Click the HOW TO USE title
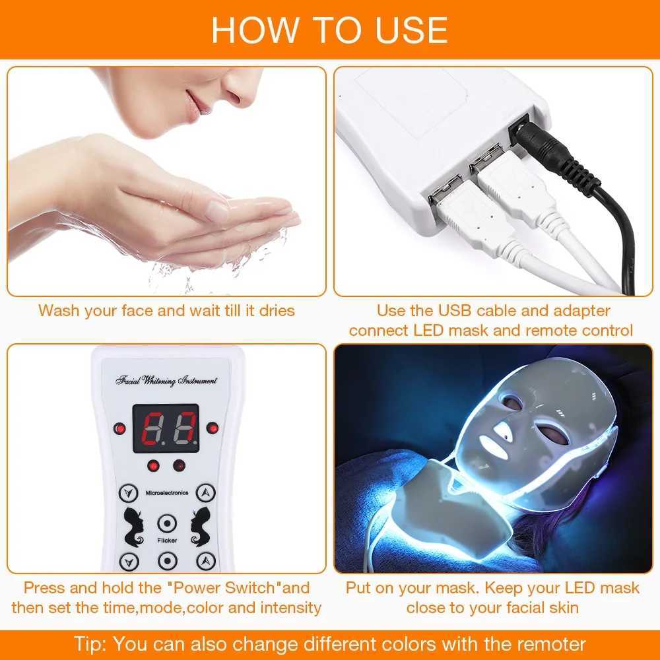click(329, 29)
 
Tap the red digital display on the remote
click(166, 428)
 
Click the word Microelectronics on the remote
click(166, 492)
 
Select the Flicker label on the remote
click(166, 541)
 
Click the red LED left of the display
click(119, 428)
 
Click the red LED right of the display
click(212, 428)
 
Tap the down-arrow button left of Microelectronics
click(128, 492)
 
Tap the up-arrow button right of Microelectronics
click(206, 492)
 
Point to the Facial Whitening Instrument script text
click(166, 381)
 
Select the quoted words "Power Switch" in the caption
click(234, 587)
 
